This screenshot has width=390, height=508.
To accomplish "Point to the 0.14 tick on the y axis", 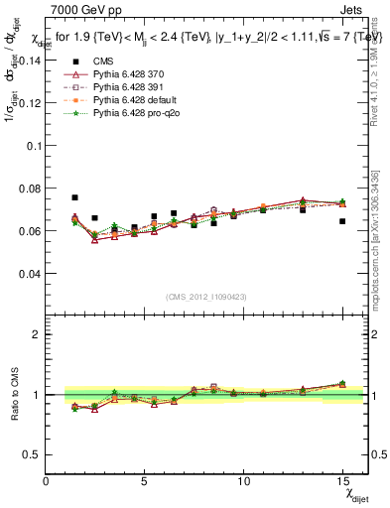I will pos(29,60).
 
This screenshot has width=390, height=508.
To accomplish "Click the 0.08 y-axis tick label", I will pos(29,188).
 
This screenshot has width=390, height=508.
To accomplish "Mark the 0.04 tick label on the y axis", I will pos(29,273).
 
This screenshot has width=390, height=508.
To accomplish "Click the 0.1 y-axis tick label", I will pos(33,145).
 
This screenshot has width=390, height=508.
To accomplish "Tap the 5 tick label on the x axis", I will pos(146,481).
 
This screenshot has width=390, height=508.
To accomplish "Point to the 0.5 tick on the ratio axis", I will pos(32,454).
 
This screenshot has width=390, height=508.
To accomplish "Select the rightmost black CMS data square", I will pos(341,221).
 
